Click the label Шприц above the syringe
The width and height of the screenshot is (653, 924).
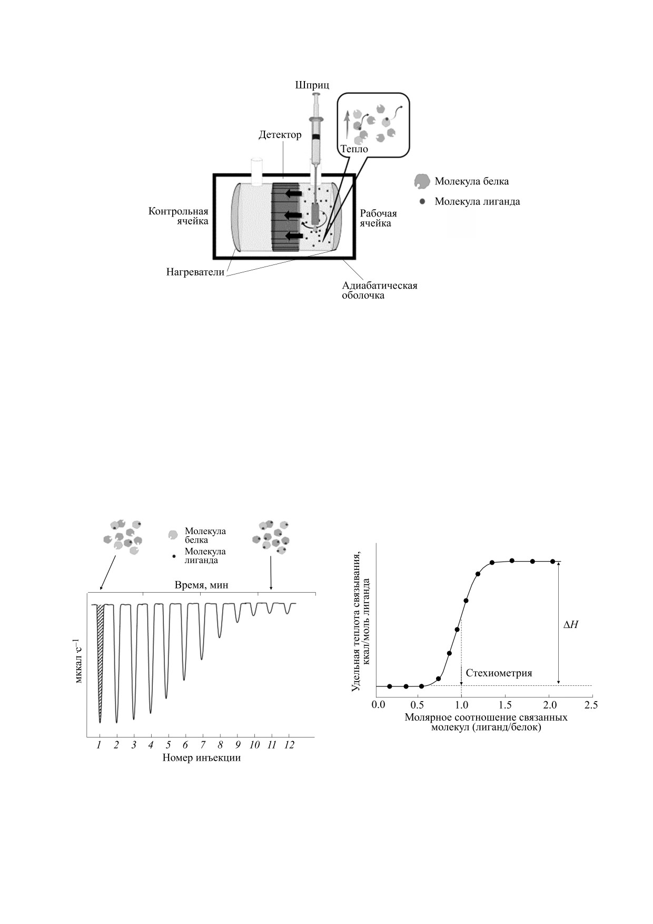point(312,85)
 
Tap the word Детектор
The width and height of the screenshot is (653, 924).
point(280,135)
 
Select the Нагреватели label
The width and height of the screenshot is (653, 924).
point(195,272)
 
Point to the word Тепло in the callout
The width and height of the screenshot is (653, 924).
point(354,149)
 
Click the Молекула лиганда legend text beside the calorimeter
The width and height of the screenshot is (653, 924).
point(477,201)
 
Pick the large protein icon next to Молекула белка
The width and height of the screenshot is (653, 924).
point(421,182)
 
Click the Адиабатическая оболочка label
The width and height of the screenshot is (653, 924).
point(379,290)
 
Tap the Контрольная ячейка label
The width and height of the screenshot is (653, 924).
point(179,216)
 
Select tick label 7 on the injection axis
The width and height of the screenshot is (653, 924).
point(203,745)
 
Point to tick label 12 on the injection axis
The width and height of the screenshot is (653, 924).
point(289,745)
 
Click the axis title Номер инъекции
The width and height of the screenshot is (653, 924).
point(201,758)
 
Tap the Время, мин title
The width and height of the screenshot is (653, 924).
point(202,585)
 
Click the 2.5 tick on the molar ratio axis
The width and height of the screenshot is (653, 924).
point(592,704)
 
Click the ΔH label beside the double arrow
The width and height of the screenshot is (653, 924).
point(571,625)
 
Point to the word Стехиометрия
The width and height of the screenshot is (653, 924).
point(499,673)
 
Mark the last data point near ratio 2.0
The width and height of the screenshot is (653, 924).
point(552,562)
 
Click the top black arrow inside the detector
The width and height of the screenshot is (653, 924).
point(293,194)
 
